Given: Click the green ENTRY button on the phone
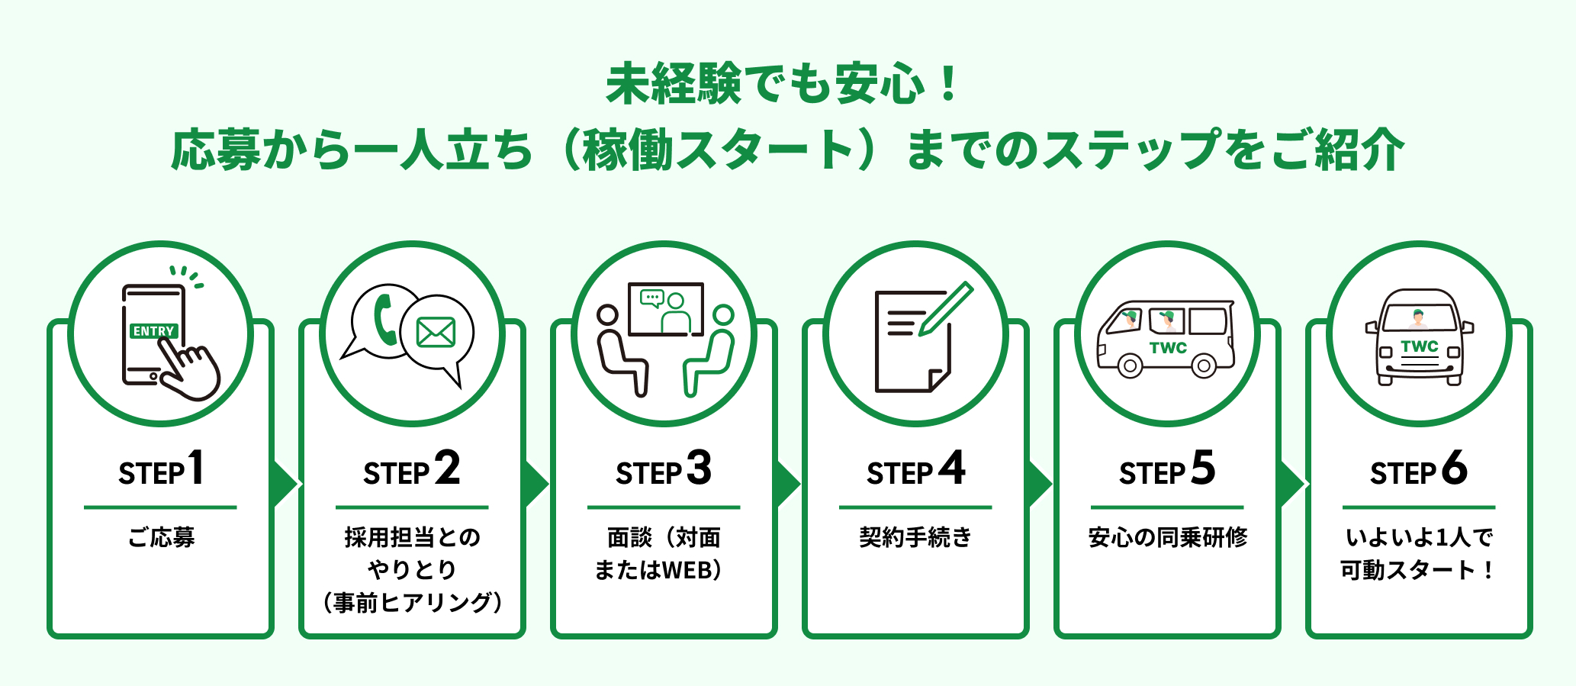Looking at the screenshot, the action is click(154, 331).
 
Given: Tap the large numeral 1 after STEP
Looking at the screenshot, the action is click(196, 468).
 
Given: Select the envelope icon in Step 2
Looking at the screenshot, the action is click(436, 333).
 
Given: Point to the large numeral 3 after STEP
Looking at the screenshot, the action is click(699, 468).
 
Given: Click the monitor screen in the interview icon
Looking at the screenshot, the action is click(665, 310).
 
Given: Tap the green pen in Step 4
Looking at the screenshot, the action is click(945, 310).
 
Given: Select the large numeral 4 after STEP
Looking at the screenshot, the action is click(952, 468).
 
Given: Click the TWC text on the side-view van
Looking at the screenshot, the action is click(1168, 348).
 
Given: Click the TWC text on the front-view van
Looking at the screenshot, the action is click(1420, 346).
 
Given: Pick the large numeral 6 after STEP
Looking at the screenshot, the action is click(1454, 468).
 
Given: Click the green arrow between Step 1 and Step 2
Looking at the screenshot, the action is click(285, 484).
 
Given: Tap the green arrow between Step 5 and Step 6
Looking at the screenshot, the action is click(1292, 484).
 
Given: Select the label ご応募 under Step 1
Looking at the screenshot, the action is click(161, 537).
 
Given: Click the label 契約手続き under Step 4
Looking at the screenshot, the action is click(915, 537).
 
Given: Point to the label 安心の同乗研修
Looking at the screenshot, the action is click(1168, 537).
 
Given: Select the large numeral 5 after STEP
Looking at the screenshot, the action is click(1203, 468).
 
